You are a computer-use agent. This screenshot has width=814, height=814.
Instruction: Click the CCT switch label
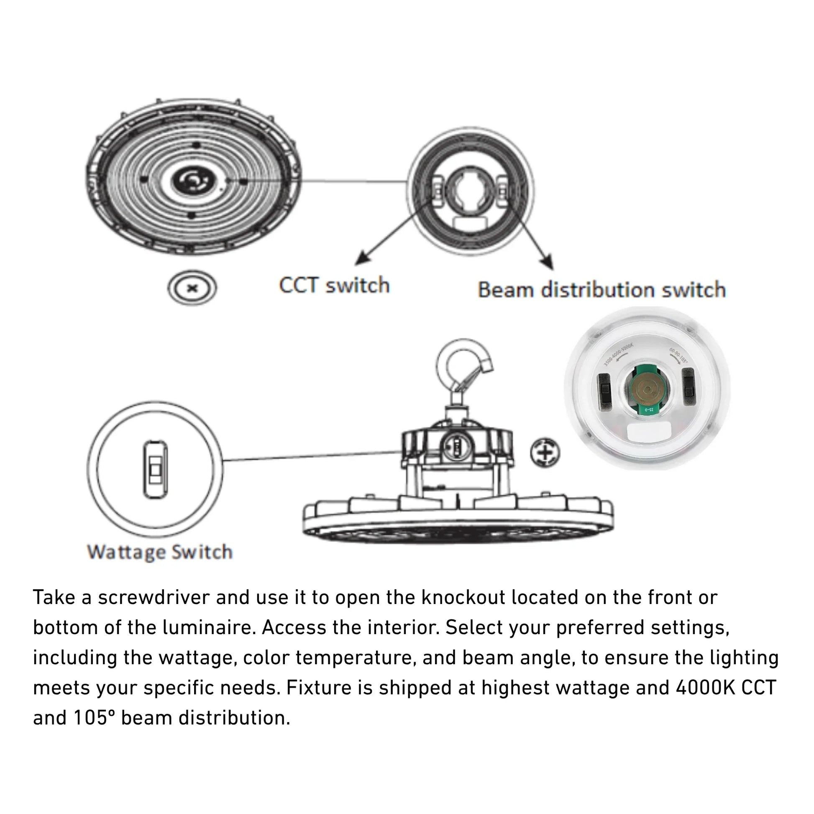334,285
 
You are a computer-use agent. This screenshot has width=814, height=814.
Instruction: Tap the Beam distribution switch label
602,290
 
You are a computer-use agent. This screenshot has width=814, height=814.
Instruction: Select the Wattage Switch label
160,552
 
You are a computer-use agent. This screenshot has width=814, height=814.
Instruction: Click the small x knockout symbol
192,288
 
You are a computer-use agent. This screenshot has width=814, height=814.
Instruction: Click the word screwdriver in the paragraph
154,597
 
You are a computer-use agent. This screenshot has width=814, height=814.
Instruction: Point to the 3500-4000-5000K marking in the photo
618,355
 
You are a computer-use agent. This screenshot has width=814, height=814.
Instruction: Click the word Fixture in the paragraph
312,688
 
